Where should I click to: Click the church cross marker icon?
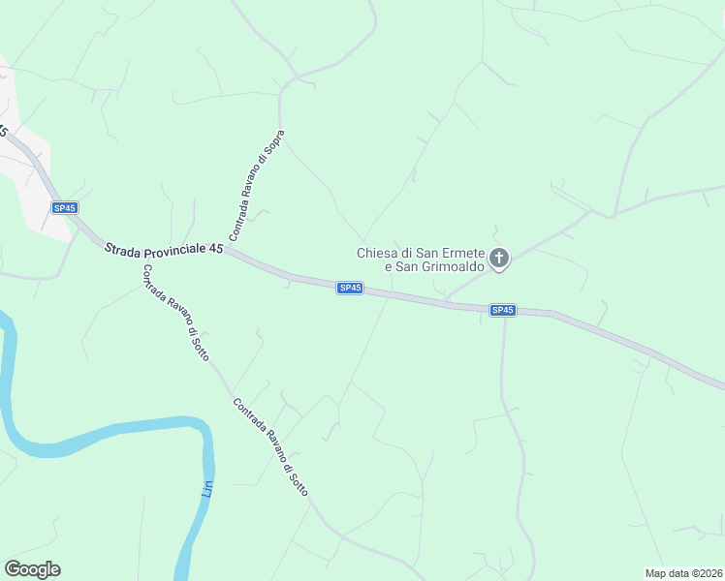pos(499,258)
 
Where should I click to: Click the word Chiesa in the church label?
pos(377,254)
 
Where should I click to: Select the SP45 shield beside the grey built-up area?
pos(65,208)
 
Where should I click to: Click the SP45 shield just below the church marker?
pos(502,310)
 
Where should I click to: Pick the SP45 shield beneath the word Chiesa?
pos(350,288)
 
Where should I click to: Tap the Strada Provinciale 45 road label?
pos(164,249)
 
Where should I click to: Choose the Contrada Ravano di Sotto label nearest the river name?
pos(270,447)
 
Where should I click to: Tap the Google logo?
pos(32,569)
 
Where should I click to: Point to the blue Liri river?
pos(116,432)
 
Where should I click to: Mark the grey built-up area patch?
pos(24,174)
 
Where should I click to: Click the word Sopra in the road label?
pos(275,144)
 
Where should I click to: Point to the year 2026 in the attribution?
pos(708,572)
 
